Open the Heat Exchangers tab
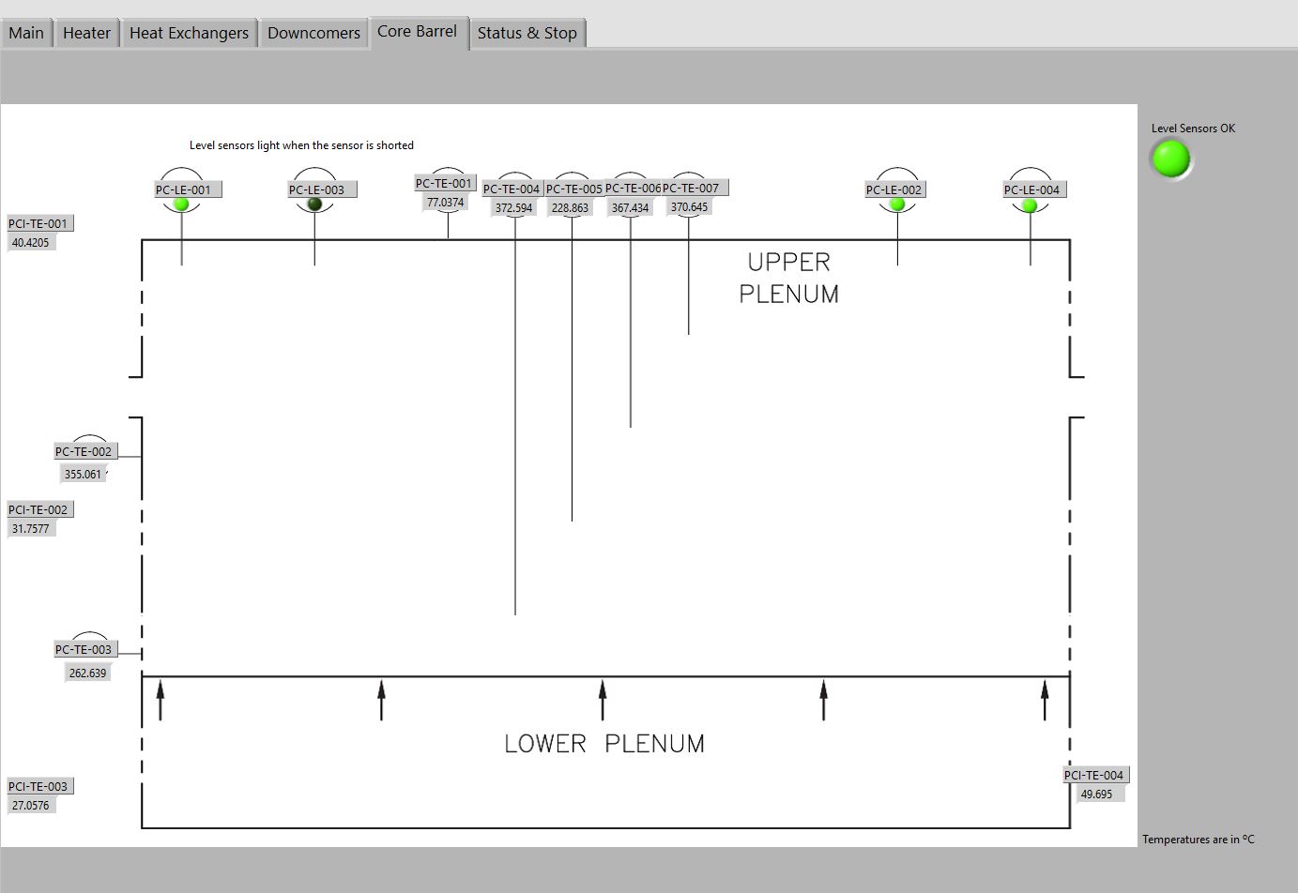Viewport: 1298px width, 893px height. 189,33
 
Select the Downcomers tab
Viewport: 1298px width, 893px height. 313,33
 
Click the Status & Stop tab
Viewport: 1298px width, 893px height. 527,33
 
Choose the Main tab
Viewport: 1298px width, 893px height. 26,33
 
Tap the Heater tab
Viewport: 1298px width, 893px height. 86,33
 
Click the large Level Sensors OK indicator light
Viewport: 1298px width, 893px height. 1170,159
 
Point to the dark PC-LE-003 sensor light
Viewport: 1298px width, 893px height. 314,204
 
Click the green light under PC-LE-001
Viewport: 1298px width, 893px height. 182,204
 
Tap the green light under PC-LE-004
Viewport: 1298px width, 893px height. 1030,204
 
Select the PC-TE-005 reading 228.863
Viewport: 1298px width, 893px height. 571,208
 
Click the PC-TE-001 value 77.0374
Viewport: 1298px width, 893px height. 446,203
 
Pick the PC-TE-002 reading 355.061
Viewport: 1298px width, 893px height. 83,475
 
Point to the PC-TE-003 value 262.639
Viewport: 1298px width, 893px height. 87,673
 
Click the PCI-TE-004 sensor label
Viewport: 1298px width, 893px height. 1093,775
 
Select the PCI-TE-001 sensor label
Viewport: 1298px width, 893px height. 38,223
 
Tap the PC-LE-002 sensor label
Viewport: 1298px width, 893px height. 893,189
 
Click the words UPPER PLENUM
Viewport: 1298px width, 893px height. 788,278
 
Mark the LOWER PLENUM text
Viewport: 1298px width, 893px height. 603,744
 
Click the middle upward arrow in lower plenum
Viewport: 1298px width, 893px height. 603,700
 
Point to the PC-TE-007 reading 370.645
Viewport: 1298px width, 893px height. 689,207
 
